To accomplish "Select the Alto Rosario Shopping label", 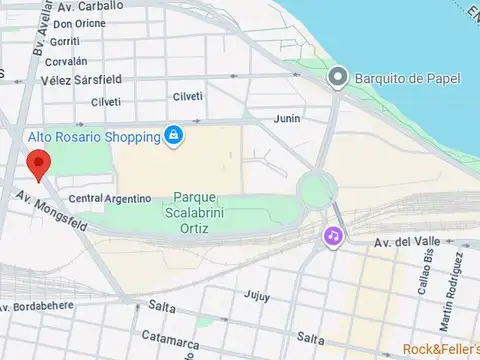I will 88,135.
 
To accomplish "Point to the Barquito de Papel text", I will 400,76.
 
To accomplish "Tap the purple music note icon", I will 332,236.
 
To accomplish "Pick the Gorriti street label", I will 63,41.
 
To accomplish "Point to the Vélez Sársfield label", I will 82,80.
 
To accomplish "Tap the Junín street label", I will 287,118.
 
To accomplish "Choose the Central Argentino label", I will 109,199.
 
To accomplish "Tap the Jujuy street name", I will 257,296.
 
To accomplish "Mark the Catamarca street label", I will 169,339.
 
